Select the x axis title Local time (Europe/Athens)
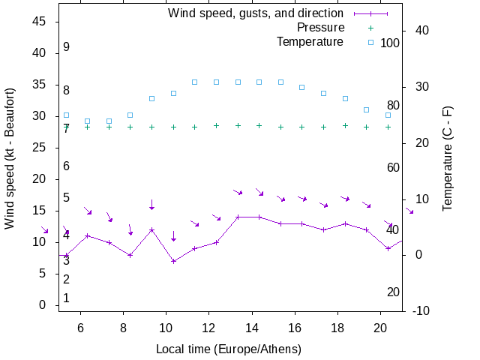tap(229, 349)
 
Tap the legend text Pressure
tap(319, 28)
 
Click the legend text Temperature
tap(310, 42)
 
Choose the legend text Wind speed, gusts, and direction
tap(256, 13)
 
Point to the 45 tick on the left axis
tap(40, 22)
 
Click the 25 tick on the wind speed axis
tap(40, 148)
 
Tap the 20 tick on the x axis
tap(380, 327)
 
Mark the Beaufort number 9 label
tap(67, 47)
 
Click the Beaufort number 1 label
tap(67, 298)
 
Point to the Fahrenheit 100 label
tap(390, 43)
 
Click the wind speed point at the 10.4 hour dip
tap(173, 261)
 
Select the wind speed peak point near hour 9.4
tap(151, 229)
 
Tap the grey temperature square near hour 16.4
tap(302, 87)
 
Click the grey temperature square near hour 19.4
tap(367, 109)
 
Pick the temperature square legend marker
tap(370, 42)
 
